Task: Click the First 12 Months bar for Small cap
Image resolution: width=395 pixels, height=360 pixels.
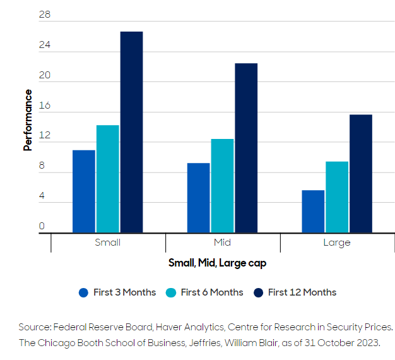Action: pos(131,132)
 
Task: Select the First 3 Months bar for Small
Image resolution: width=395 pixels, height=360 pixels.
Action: pos(84,191)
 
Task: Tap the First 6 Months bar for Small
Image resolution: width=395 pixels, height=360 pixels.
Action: pos(107,179)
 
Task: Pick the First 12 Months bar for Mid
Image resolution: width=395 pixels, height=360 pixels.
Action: pos(246,148)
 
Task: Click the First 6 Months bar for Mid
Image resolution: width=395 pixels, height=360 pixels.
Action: pos(222,186)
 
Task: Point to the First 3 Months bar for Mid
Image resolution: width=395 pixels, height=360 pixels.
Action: pos(198,198)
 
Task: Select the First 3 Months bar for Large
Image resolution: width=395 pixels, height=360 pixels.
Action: pos(313,212)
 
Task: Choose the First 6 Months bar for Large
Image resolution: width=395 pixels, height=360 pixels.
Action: pos(337,197)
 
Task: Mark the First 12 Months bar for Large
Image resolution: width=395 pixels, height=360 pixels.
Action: pos(361,174)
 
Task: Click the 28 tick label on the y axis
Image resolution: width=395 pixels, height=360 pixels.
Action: pos(44,15)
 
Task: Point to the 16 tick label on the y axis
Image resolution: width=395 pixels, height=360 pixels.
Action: pos(44,105)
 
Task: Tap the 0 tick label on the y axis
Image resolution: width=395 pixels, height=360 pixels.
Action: pos(42,226)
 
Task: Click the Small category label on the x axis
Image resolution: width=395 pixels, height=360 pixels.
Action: pos(107,243)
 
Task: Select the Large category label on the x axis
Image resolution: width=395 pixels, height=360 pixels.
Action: pos(336,243)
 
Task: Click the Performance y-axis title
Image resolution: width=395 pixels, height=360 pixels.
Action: pos(28,120)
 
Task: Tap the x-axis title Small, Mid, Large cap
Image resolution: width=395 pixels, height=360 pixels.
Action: pos(217,263)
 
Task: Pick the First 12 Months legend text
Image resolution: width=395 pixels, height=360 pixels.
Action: pos(302,292)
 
